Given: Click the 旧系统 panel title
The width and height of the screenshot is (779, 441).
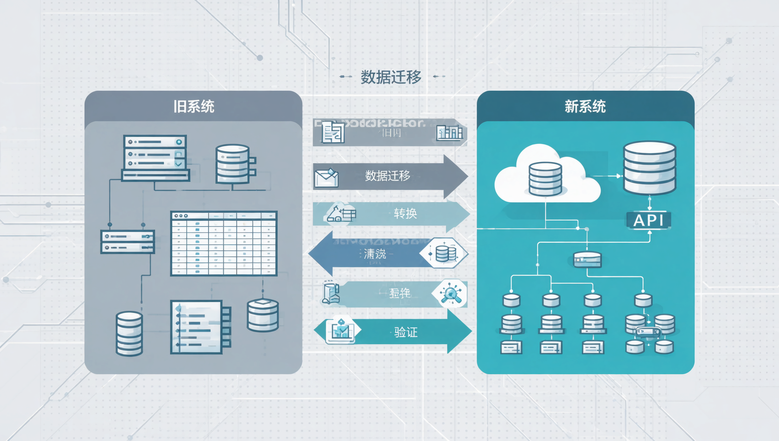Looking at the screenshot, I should pyautogui.click(x=193, y=107).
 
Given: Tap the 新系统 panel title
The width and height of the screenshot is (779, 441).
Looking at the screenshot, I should pyautogui.click(x=585, y=107).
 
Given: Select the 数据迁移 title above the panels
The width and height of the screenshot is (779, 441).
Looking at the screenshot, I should pyautogui.click(x=391, y=77).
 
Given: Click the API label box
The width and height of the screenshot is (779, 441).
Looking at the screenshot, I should pyautogui.click(x=649, y=220).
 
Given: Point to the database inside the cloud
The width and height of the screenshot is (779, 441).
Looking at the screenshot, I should pyautogui.click(x=545, y=179).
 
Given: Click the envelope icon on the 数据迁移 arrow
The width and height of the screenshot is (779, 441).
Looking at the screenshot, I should pyautogui.click(x=326, y=178).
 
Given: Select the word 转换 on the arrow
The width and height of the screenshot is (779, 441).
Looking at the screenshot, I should pyautogui.click(x=405, y=214).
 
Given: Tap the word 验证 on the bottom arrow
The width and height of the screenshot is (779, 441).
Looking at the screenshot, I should pyautogui.click(x=406, y=332).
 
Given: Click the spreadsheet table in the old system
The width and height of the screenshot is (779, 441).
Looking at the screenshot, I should pyautogui.click(x=224, y=243).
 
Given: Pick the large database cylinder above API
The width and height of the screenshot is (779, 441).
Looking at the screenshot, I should pyautogui.click(x=649, y=168).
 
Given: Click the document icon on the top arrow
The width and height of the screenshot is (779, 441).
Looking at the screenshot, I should pyautogui.click(x=333, y=133).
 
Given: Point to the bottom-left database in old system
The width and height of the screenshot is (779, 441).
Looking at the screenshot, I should pyautogui.click(x=129, y=334).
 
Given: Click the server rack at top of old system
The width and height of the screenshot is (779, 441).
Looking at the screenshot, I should pyautogui.click(x=155, y=157).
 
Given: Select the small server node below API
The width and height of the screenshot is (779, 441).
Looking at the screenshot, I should pyautogui.click(x=587, y=260).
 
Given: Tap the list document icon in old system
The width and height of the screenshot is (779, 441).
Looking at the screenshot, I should pyautogui.click(x=200, y=327).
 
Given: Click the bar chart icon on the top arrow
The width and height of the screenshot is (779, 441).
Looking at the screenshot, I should pyautogui.click(x=449, y=133).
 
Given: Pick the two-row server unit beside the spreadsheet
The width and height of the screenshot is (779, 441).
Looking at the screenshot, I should pyautogui.click(x=127, y=242).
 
